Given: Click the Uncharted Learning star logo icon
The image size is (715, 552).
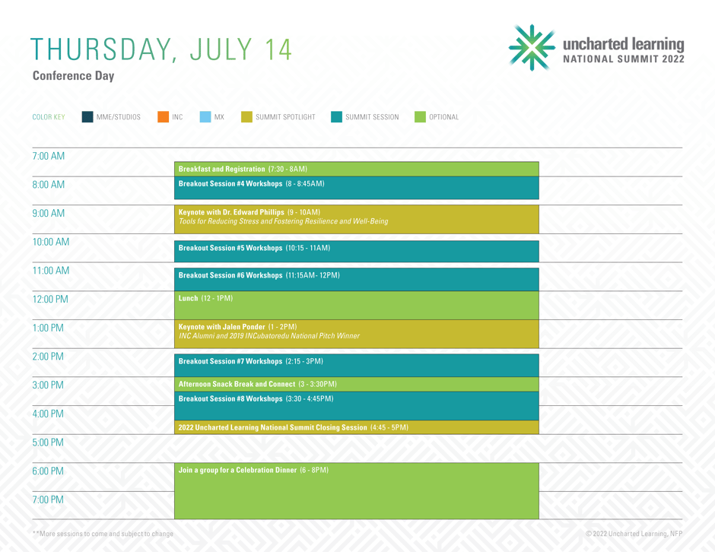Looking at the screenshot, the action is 532,47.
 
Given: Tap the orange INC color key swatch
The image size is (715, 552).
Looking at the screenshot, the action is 164,116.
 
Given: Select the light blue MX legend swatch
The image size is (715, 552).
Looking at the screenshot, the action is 205,116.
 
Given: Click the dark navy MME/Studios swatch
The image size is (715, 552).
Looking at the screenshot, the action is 87,116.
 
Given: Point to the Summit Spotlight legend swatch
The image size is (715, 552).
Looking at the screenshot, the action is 246,116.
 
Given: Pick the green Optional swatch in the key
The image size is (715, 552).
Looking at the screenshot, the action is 420,116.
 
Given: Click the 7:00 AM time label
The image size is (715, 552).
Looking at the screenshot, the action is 49,156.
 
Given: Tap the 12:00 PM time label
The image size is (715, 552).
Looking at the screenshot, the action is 50,299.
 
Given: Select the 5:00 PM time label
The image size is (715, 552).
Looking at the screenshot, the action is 48,443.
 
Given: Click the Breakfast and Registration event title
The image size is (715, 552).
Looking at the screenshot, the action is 221,169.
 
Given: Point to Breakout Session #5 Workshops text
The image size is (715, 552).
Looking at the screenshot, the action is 230,248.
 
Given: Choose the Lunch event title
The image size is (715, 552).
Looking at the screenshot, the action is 188,298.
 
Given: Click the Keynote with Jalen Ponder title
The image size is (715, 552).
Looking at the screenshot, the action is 221,327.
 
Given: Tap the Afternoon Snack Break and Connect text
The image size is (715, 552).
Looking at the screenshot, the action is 237,384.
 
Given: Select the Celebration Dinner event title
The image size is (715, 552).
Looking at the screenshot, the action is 237,470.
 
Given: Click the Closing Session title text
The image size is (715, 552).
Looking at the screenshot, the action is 272,427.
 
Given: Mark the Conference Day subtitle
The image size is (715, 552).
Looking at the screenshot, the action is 74,76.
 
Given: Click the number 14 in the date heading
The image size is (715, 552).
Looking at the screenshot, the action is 278,49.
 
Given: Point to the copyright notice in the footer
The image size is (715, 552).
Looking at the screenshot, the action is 634,534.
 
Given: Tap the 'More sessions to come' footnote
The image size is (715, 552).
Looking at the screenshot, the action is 103,534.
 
